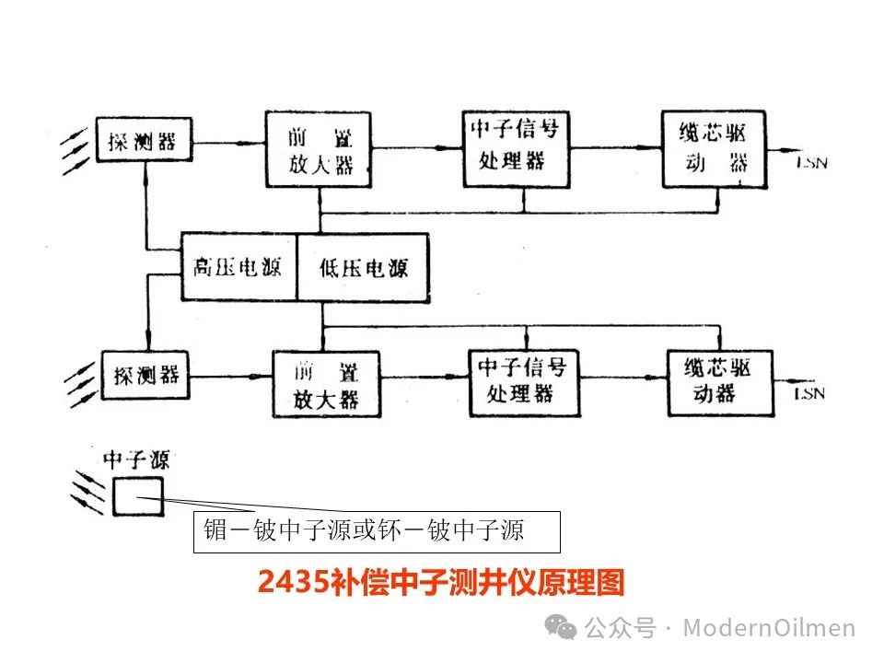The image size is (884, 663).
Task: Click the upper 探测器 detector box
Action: point(145,143)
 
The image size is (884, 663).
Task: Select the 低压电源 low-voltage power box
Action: point(364,268)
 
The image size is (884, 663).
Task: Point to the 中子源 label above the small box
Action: point(135,459)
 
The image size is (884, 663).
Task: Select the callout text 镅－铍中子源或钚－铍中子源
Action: point(364,531)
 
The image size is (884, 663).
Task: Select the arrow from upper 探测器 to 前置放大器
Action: point(230,144)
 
